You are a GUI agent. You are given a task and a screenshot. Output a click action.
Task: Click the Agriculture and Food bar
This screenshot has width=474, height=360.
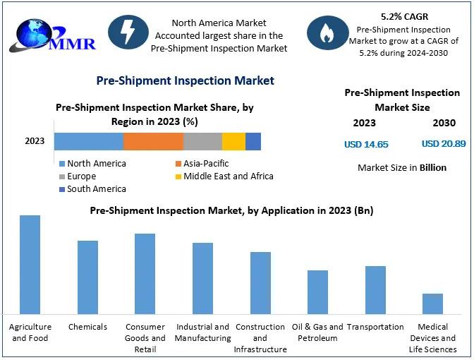point(30,265)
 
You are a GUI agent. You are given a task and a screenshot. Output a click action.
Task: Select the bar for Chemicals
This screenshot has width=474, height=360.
point(87,277)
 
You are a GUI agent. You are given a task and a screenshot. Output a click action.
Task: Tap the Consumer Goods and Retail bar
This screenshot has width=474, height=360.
point(145,274)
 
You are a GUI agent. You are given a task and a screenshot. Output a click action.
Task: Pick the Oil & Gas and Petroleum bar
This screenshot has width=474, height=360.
point(317,292)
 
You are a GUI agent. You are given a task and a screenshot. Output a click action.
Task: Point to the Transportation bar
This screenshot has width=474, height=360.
point(375,290)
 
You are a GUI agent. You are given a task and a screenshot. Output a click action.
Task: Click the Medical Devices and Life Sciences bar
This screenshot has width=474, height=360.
point(432,304)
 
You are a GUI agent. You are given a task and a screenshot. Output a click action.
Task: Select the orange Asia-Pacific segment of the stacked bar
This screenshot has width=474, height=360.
point(153,141)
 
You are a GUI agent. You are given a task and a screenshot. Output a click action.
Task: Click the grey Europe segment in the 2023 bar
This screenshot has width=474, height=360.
point(202,141)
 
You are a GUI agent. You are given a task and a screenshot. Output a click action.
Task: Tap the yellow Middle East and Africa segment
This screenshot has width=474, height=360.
point(233,141)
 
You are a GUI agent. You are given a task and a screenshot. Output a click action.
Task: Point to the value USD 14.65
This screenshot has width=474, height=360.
point(366,144)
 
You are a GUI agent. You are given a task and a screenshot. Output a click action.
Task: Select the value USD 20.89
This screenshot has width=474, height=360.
point(444,144)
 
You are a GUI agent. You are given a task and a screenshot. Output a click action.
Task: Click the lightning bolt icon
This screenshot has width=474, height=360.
point(128,32)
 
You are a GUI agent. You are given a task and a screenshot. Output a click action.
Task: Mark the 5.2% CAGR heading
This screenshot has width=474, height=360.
point(405,16)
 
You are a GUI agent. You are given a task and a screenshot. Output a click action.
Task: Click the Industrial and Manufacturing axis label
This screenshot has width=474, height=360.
point(202,332)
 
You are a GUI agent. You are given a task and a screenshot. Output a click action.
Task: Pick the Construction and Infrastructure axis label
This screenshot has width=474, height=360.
point(260,338)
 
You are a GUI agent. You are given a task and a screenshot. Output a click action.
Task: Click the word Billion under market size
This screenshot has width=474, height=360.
point(434,168)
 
